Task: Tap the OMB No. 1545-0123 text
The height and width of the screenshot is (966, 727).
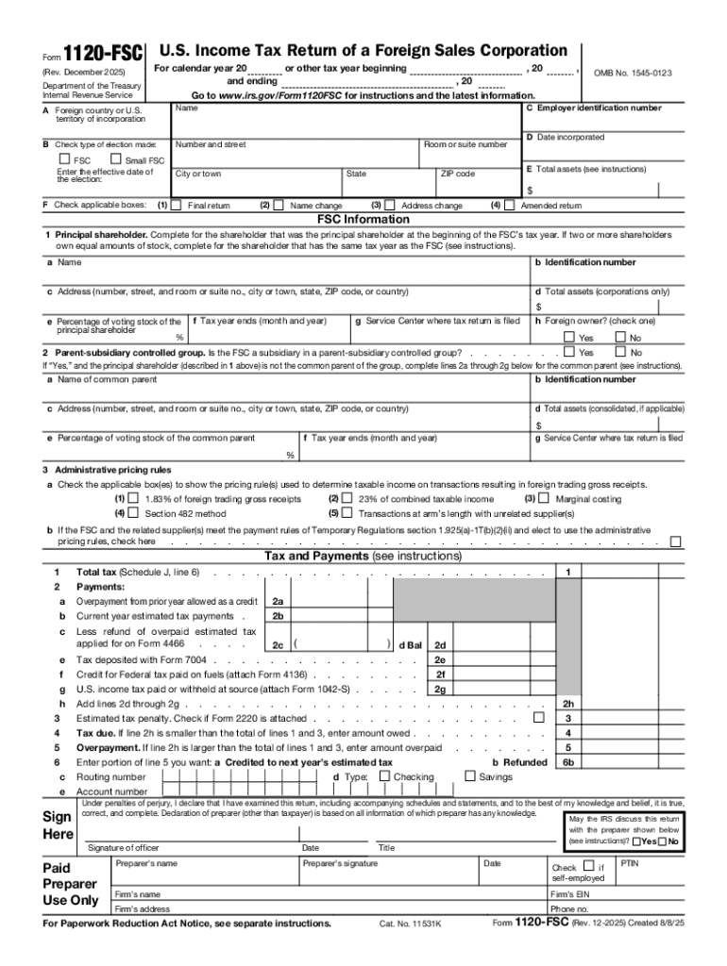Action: point(632,73)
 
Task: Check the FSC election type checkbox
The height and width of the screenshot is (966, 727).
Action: point(63,159)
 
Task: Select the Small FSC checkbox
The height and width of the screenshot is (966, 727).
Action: point(115,159)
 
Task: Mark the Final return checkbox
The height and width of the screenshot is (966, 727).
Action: point(176,205)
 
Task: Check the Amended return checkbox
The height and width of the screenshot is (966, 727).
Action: point(510,205)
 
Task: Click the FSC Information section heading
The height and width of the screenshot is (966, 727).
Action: point(363,219)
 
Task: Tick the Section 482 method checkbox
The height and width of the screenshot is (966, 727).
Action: point(133,513)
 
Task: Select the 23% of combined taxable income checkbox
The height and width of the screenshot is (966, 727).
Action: point(347,498)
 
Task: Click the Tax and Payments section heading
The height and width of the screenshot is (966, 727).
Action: point(363,557)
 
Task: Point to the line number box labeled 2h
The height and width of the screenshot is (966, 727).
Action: point(567,704)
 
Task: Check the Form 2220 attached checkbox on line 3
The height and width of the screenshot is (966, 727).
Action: point(539,718)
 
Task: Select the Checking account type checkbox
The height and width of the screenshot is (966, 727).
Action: point(384,776)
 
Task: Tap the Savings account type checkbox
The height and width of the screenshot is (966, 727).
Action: point(470,776)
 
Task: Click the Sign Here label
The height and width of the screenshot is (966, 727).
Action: point(58,825)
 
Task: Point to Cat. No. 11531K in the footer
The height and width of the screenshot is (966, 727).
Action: point(410,924)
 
